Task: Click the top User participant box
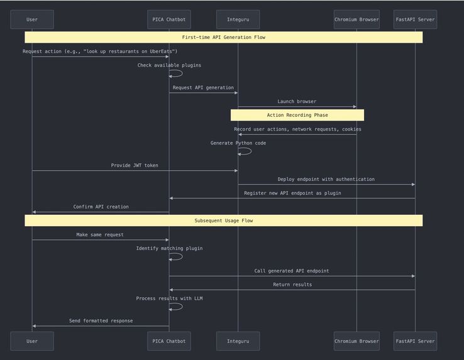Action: click(x=32, y=19)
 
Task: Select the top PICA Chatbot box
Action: click(x=168, y=19)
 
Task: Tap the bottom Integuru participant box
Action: click(x=238, y=341)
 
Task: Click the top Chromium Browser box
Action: click(x=356, y=19)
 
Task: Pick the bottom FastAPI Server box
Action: click(x=415, y=341)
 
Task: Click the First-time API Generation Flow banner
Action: click(x=223, y=37)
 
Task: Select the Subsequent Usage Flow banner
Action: click(x=223, y=221)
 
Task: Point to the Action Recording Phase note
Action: click(x=297, y=115)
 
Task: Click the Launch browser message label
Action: click(x=297, y=101)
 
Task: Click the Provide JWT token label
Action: click(x=135, y=166)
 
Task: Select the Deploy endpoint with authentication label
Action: click(x=326, y=179)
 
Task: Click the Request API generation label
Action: click(x=203, y=88)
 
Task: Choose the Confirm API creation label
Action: click(x=101, y=207)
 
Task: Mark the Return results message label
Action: click(x=292, y=285)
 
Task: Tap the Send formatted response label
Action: click(x=101, y=321)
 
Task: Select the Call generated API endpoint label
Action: click(x=291, y=271)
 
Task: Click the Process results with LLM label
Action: click(x=169, y=298)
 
